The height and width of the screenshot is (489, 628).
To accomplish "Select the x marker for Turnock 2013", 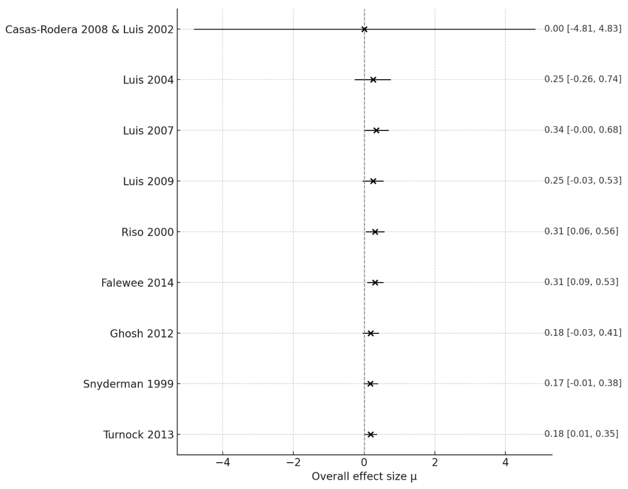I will [x=371, y=434].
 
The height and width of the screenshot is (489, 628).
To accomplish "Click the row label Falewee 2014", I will [x=138, y=283].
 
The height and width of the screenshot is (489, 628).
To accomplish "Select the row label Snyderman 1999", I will [x=128, y=384].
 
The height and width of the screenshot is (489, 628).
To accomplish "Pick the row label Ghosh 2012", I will [x=142, y=334].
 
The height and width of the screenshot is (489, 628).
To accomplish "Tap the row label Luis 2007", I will [x=148, y=131].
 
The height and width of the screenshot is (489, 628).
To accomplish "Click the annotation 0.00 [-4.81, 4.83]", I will [x=582, y=29].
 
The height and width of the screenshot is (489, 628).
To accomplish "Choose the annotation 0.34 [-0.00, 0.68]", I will [x=582, y=130].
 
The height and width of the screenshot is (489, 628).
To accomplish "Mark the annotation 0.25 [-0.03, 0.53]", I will [x=582, y=181].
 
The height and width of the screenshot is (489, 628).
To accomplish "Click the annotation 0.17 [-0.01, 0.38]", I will [x=582, y=383].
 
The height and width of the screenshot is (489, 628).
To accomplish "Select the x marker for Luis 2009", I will [x=373, y=181].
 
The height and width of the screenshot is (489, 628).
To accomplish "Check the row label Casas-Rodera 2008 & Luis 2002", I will [x=89, y=29].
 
